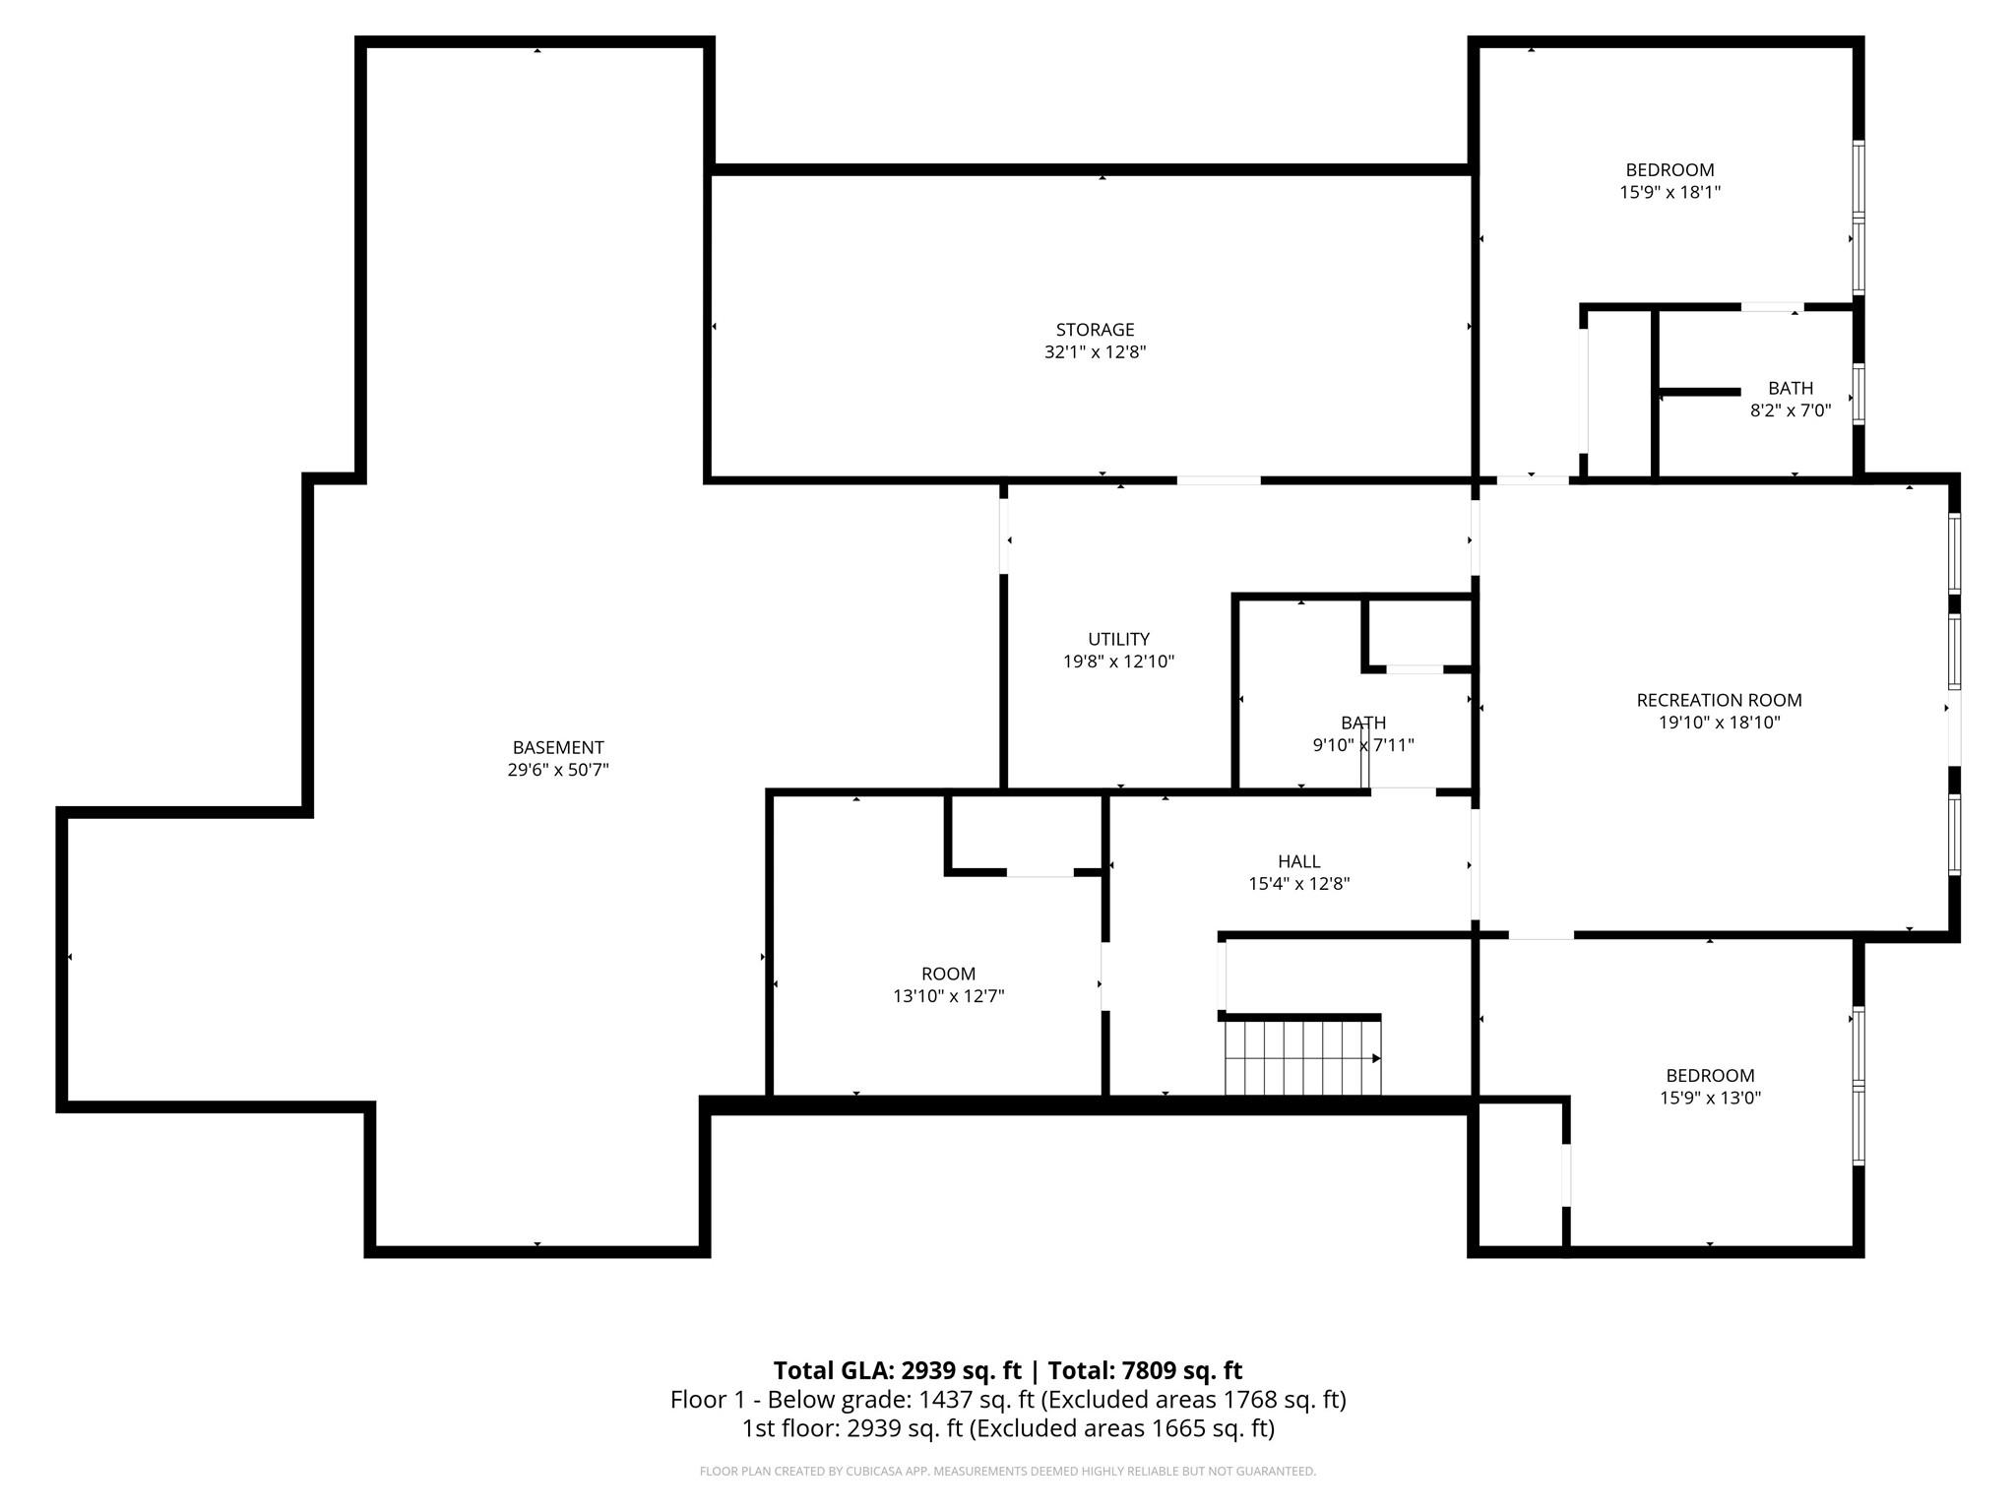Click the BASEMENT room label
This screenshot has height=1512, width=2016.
point(558,747)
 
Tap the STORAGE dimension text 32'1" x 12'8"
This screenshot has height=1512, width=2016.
point(1095,352)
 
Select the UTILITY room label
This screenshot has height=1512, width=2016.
point(1118,639)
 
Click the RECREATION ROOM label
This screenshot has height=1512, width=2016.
point(1719,700)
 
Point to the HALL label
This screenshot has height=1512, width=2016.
point(1298,861)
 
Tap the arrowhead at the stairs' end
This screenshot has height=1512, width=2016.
point(1376,1058)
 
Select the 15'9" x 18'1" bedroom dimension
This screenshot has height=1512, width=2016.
point(1669,192)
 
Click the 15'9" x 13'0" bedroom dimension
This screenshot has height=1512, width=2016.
point(1710,1098)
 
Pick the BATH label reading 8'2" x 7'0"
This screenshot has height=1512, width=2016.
point(1790,389)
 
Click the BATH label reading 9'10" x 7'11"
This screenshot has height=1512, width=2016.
point(1362,724)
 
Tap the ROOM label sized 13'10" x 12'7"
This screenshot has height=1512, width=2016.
point(948,974)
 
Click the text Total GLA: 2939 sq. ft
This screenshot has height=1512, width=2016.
point(897,1370)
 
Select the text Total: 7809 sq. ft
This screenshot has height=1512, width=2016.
point(1145,1370)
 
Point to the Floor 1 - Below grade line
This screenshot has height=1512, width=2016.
point(1008,1399)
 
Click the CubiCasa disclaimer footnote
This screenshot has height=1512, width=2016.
point(1008,1471)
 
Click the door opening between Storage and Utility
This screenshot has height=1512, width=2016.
point(1219,480)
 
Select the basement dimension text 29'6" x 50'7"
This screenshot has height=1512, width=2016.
point(558,770)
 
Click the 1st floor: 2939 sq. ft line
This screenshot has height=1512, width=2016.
point(1008,1428)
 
